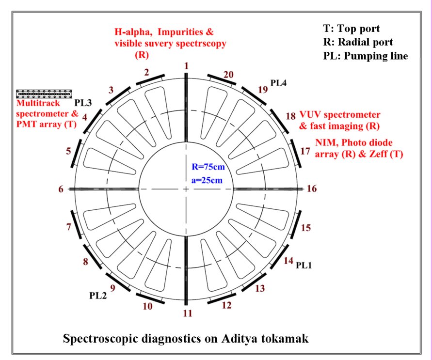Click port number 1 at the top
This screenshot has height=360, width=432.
point(187,66)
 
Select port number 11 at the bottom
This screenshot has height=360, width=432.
point(188,313)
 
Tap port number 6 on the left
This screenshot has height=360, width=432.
point(61,189)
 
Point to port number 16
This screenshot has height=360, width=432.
point(312,188)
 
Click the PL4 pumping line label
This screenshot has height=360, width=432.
point(278,82)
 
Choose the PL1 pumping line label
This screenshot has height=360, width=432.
point(304,266)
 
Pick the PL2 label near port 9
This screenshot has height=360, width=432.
point(98,296)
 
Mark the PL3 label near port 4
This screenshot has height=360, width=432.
point(83,103)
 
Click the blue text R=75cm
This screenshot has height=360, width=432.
point(208,167)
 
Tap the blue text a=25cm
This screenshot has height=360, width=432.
point(207,180)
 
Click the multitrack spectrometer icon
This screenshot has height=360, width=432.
point(44,94)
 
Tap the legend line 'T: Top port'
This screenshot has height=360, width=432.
point(352,29)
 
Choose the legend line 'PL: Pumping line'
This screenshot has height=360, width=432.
point(366,56)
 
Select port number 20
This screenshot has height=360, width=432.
point(228,75)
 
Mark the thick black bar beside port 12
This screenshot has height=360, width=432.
point(222,298)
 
